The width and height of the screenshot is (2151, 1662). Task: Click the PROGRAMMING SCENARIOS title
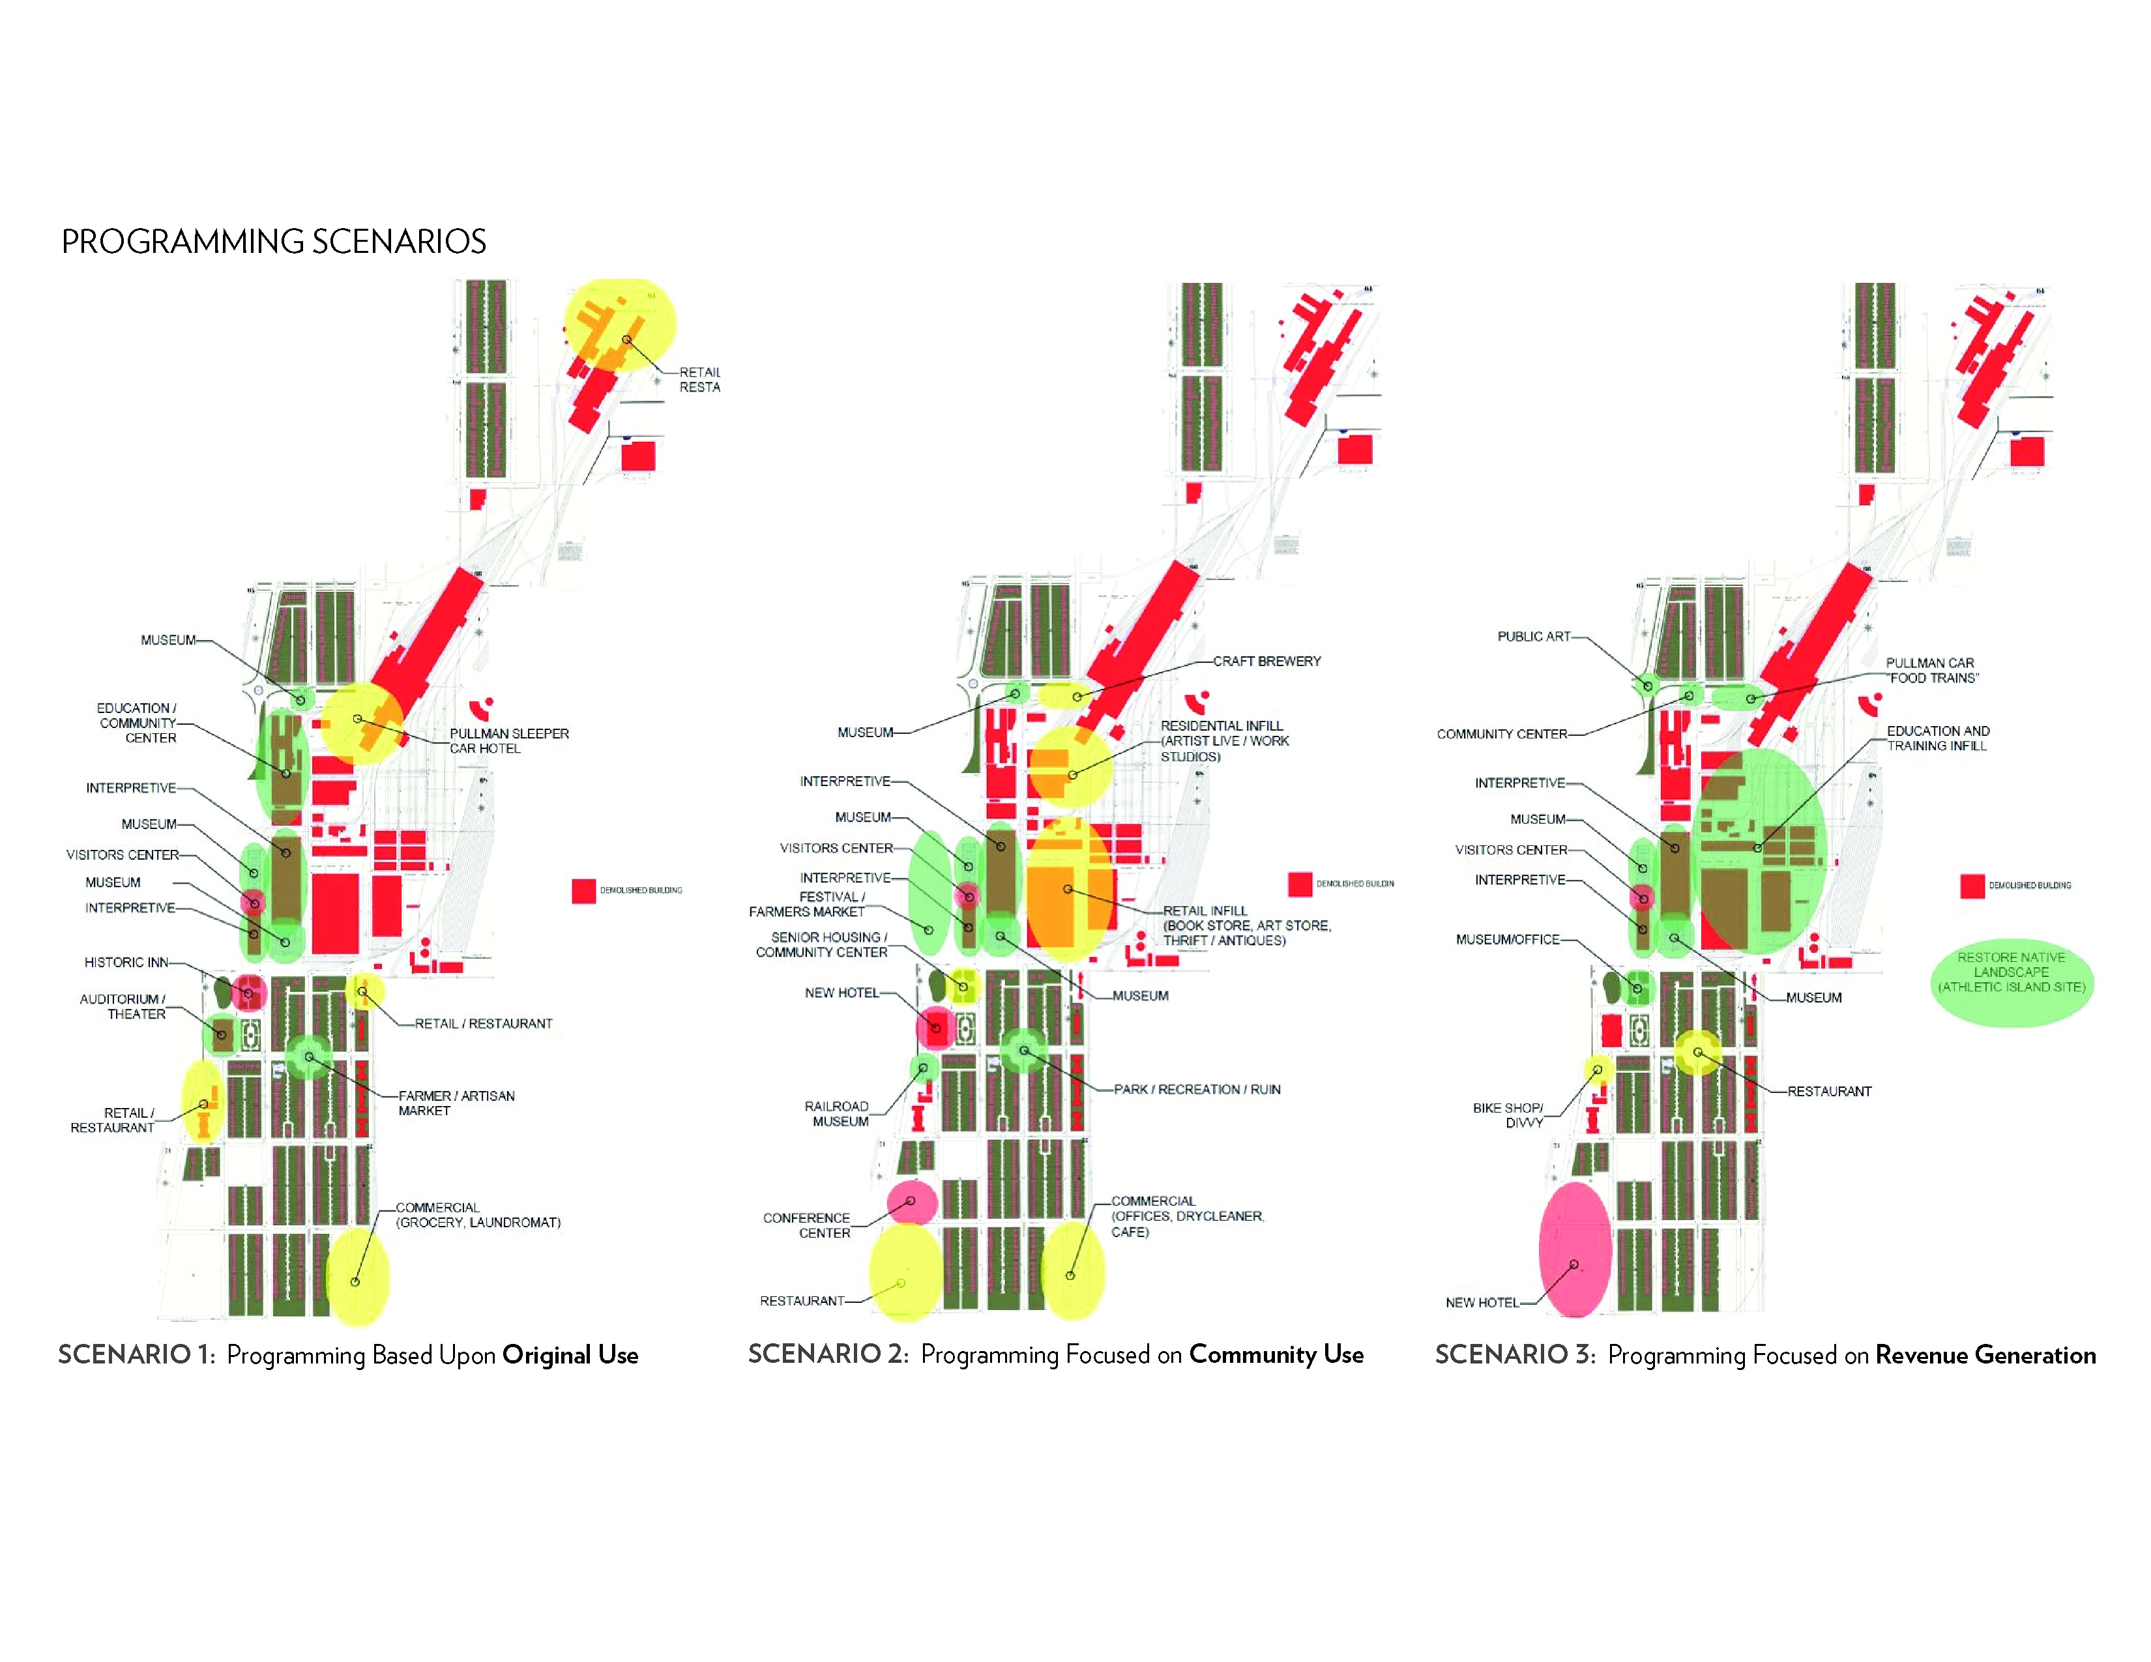tap(274, 241)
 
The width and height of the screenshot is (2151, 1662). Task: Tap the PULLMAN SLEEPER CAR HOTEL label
tap(508, 740)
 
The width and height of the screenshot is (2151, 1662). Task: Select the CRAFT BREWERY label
tap(1266, 662)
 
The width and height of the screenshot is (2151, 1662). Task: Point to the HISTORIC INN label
tap(126, 962)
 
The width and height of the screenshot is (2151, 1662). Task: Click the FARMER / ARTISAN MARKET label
tap(456, 1103)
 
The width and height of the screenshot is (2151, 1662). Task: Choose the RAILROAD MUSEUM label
tap(837, 1114)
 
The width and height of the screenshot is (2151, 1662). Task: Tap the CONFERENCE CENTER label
tap(807, 1225)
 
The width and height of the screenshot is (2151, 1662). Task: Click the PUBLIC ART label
tap(1534, 637)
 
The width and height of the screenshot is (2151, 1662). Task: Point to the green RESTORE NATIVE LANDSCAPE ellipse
tap(2011, 984)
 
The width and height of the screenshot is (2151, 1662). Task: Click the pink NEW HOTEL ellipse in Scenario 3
tap(1575, 1249)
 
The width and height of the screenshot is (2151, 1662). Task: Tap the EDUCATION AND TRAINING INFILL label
tap(1937, 738)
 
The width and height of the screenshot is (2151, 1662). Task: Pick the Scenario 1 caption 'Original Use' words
tap(570, 1355)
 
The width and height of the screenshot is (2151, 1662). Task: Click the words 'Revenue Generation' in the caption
tap(1985, 1355)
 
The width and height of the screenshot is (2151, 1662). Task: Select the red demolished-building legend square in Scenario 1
tap(584, 890)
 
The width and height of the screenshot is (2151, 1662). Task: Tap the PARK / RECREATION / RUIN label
tap(1197, 1089)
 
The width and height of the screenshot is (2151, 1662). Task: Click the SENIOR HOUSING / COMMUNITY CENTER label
tap(823, 944)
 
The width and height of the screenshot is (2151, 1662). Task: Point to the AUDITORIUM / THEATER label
tap(123, 1006)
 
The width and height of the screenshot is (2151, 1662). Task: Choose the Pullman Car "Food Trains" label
tap(1931, 671)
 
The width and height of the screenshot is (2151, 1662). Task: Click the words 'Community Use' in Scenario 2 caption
tap(1276, 1354)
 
